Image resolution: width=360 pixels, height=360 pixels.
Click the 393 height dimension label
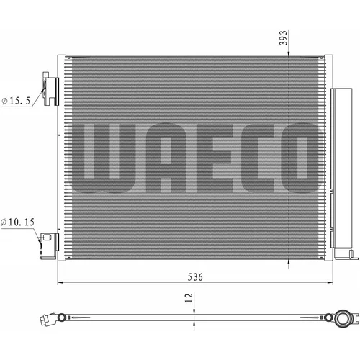pyautogui.click(x=284, y=37)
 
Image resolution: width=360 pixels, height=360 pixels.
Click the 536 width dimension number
pyautogui.click(x=195, y=277)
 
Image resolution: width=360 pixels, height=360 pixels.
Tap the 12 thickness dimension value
pyautogui.click(x=189, y=298)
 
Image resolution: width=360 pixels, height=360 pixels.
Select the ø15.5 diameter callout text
pyautogui.click(x=16, y=101)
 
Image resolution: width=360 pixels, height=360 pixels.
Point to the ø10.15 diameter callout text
pyautogui.click(x=18, y=222)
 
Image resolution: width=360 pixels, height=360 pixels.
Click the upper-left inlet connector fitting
pyautogui.click(x=50, y=89)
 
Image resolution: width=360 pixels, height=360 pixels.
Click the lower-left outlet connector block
pyautogui.click(x=49, y=246)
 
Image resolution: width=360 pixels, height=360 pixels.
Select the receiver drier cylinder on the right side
pyautogui.click(x=341, y=168)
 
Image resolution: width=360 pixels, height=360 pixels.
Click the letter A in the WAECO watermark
pyautogui.click(x=166, y=158)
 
